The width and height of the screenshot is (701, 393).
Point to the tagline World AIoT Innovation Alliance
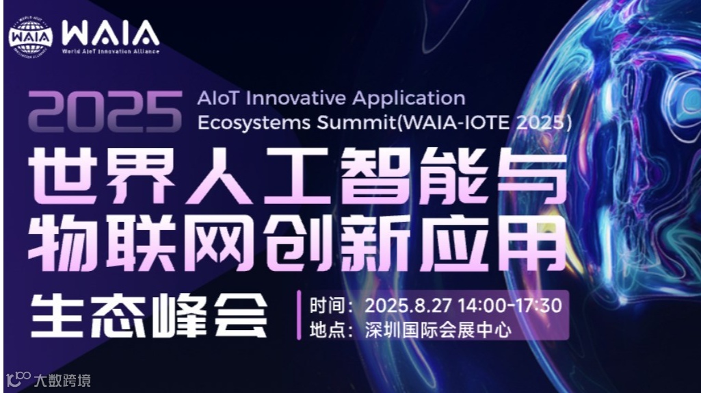[110, 51]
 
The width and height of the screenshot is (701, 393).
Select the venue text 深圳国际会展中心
[438, 330]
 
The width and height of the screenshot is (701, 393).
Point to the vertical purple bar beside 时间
[299, 316]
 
